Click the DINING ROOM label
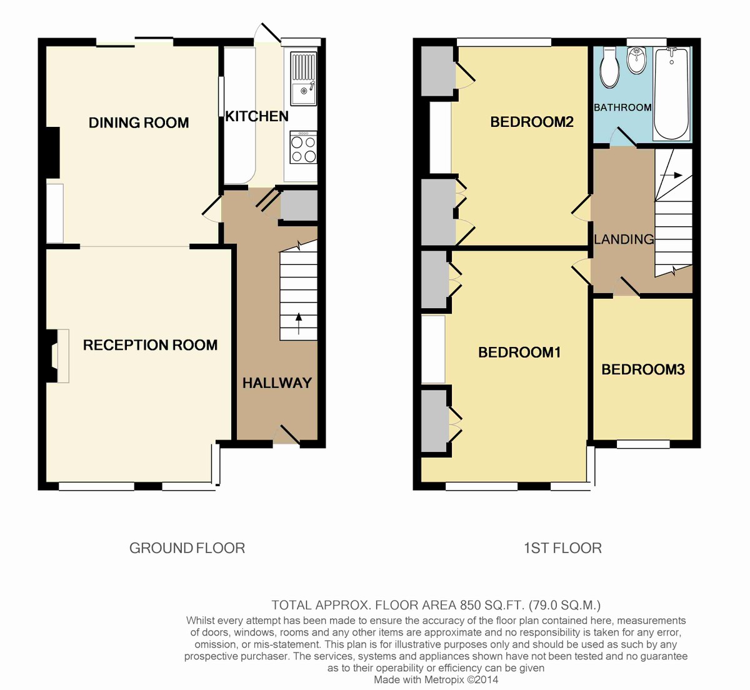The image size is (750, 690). pyautogui.click(x=139, y=122)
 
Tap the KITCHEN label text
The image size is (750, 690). pyautogui.click(x=257, y=116)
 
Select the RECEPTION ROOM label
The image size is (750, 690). pyautogui.click(x=150, y=345)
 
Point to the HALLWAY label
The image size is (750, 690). pyautogui.click(x=277, y=383)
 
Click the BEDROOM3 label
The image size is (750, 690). pyautogui.click(x=643, y=369)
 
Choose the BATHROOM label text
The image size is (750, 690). pyautogui.click(x=623, y=107)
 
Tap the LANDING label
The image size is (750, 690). pyautogui.click(x=624, y=239)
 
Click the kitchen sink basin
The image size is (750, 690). pyautogui.click(x=304, y=94)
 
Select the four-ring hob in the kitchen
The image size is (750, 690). pyautogui.click(x=304, y=147)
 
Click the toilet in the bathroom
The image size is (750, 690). pyautogui.click(x=609, y=68)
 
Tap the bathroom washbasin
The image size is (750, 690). pyautogui.click(x=636, y=60)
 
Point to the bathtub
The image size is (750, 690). pyautogui.click(x=671, y=94)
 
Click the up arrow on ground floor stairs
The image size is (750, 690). pyautogui.click(x=298, y=324)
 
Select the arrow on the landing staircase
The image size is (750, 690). pyautogui.click(x=671, y=175)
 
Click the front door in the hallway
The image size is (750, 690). pyautogui.click(x=287, y=434)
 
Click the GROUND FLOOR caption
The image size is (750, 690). pyautogui.click(x=187, y=548)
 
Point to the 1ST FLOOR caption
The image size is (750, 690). pyautogui.click(x=562, y=548)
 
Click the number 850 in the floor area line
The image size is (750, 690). pyautogui.click(x=469, y=605)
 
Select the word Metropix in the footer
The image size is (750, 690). pyautogui.click(x=442, y=679)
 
